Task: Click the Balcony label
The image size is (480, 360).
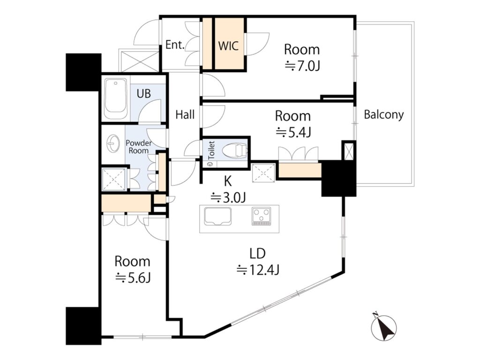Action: pyautogui.click(x=383, y=115)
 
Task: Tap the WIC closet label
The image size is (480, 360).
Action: pyautogui.click(x=228, y=46)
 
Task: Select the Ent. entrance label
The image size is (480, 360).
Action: pyautogui.click(x=175, y=45)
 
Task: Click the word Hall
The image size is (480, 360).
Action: pyautogui.click(x=185, y=115)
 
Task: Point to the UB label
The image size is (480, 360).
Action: pyautogui.click(x=144, y=93)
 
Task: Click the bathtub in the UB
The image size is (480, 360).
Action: pyautogui.click(x=116, y=98)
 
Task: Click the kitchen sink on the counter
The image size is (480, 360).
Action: pyautogui.click(x=217, y=217)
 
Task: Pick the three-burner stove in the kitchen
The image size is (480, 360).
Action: pyautogui.click(x=262, y=217)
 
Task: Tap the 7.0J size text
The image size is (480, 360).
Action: pyautogui.click(x=302, y=66)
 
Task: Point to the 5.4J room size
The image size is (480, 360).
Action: pyautogui.click(x=293, y=132)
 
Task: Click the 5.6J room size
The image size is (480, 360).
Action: pyautogui.click(x=133, y=278)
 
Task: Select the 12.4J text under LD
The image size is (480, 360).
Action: pyautogui.click(x=258, y=270)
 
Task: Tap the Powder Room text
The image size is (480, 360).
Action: pyautogui.click(x=139, y=147)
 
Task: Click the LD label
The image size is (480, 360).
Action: pyautogui.click(x=257, y=254)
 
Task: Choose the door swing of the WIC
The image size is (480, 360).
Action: pyautogui.click(x=257, y=44)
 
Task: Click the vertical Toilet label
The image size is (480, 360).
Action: pyautogui.click(x=211, y=150)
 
